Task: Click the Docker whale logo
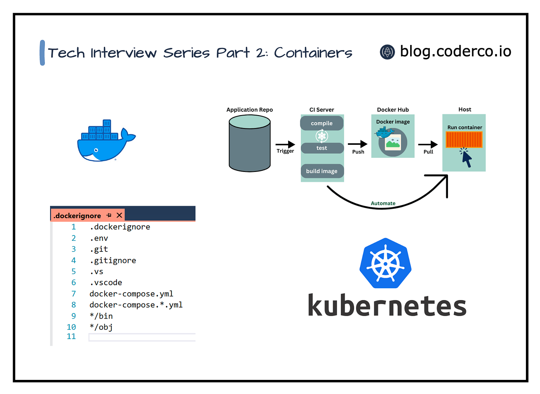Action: [106, 141]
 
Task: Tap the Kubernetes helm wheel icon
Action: [385, 263]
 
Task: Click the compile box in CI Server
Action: [322, 123]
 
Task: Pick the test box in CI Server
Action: [322, 148]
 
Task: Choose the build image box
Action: [322, 171]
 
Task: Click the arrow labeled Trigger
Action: [285, 144]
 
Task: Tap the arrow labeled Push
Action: [358, 144]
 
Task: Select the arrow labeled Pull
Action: [428, 144]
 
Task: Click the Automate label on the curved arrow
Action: [383, 203]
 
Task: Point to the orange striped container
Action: [464, 140]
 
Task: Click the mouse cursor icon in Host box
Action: [466, 159]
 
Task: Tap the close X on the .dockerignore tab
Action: [119, 215]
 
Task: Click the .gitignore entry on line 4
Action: [113, 260]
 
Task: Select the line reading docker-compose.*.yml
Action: [136, 305]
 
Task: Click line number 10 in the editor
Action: [71, 327]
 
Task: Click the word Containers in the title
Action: [313, 53]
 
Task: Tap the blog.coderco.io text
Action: [455, 51]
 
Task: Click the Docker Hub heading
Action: [393, 110]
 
